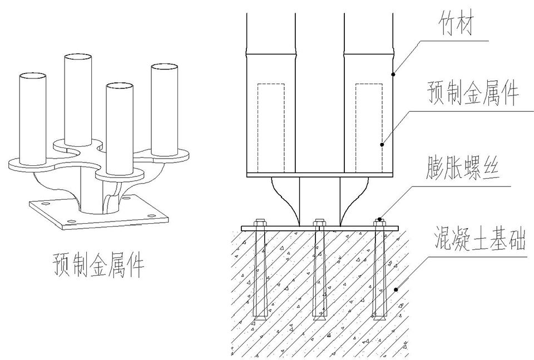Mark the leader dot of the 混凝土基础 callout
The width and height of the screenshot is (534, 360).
point(395,289)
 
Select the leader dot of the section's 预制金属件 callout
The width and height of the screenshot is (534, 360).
point(382,145)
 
